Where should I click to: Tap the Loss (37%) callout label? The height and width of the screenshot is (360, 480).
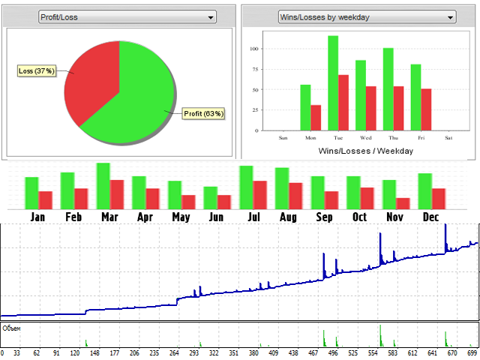(36, 71)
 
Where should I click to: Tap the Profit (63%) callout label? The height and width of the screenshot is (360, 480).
(204, 114)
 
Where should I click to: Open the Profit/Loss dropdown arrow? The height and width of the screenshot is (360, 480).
(211, 16)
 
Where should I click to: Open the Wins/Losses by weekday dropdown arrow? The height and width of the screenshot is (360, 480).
(450, 16)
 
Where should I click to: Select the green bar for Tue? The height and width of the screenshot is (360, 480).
(333, 84)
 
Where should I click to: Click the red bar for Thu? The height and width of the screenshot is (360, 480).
(399, 109)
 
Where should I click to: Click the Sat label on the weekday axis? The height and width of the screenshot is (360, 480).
(448, 138)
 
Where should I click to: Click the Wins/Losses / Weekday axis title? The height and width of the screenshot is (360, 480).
(366, 151)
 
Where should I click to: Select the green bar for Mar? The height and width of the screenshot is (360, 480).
(103, 185)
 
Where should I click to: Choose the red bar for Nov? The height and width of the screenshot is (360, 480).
(403, 203)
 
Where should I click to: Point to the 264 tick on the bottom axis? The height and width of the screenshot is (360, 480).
(174, 352)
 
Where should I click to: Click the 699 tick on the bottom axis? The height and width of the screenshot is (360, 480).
(472, 352)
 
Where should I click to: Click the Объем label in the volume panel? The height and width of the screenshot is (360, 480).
(11, 328)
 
